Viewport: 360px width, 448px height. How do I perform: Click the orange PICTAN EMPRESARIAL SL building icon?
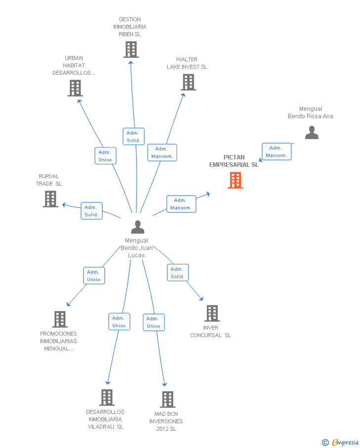click(235, 180)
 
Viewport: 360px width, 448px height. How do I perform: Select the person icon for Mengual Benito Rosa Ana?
click(312, 133)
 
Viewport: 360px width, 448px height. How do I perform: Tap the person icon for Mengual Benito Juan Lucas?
click(137, 227)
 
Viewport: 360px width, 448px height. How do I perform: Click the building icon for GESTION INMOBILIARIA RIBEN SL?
click(131, 50)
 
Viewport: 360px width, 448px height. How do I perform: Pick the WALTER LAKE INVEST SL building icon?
click(188, 82)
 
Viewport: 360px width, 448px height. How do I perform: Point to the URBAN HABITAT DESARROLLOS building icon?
click(75, 88)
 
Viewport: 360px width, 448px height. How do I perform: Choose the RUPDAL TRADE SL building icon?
click(50, 199)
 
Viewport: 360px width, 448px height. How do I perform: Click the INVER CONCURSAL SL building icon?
click(212, 313)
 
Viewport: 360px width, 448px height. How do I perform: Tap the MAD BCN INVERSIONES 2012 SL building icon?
click(168, 399)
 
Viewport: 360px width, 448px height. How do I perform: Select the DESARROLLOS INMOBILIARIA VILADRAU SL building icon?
click(107, 398)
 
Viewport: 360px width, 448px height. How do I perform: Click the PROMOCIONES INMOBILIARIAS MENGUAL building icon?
click(60, 319)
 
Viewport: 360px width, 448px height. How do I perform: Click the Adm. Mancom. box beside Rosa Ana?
click(276, 151)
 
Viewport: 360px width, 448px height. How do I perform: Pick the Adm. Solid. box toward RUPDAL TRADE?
click(91, 211)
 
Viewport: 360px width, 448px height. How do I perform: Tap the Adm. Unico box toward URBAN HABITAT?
click(105, 156)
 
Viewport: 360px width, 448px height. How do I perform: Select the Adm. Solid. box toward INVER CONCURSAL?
click(178, 273)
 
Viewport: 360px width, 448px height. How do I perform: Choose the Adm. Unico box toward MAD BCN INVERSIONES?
click(154, 322)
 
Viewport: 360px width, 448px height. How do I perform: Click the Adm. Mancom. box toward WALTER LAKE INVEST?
click(162, 152)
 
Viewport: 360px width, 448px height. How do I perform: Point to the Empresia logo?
click(340, 442)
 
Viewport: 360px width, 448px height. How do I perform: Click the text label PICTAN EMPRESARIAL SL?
click(234, 161)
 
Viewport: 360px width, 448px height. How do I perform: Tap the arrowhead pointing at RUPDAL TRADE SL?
click(64, 204)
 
